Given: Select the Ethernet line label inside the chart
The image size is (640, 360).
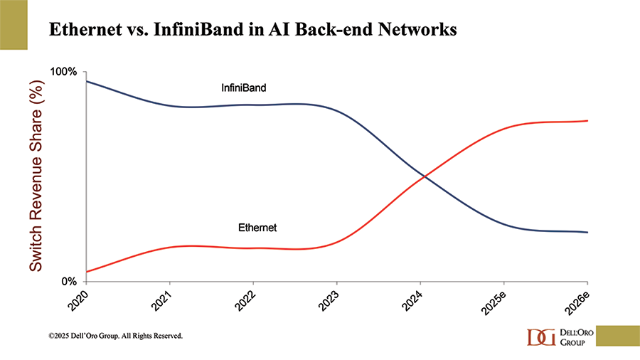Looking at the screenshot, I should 257,228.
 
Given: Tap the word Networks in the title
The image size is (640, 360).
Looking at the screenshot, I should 417,31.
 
